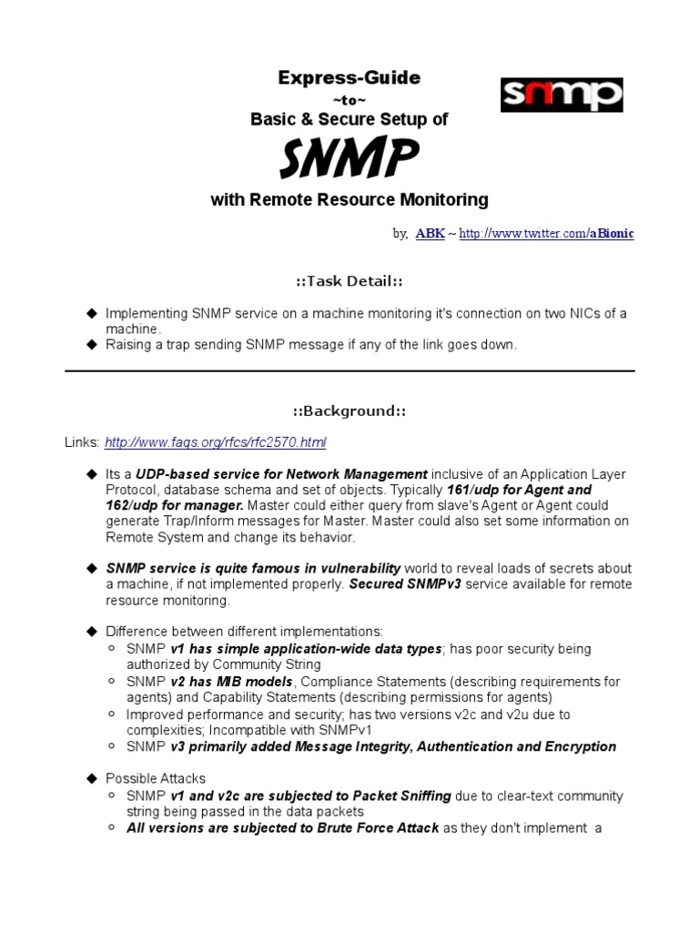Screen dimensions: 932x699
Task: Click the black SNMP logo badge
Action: click(562, 95)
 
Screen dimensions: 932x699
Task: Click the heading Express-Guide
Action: click(349, 78)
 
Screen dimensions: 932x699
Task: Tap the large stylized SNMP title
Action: click(349, 158)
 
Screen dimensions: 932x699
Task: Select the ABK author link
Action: click(430, 234)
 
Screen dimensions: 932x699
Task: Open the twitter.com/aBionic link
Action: click(546, 234)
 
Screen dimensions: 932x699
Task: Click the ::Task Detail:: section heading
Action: click(349, 280)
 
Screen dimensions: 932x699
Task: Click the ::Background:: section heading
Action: click(349, 410)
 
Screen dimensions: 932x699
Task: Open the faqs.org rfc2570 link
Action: click(215, 442)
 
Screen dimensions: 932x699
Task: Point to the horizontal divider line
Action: click(349, 370)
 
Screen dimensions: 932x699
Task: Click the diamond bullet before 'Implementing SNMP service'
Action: click(91, 313)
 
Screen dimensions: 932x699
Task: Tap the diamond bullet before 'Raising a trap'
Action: click(91, 344)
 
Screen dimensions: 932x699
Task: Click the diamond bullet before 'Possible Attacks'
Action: click(91, 778)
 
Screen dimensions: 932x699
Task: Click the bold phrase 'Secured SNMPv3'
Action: click(406, 584)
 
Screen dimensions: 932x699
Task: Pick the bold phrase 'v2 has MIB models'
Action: click(231, 682)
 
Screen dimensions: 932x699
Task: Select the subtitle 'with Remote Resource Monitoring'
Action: click(349, 199)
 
